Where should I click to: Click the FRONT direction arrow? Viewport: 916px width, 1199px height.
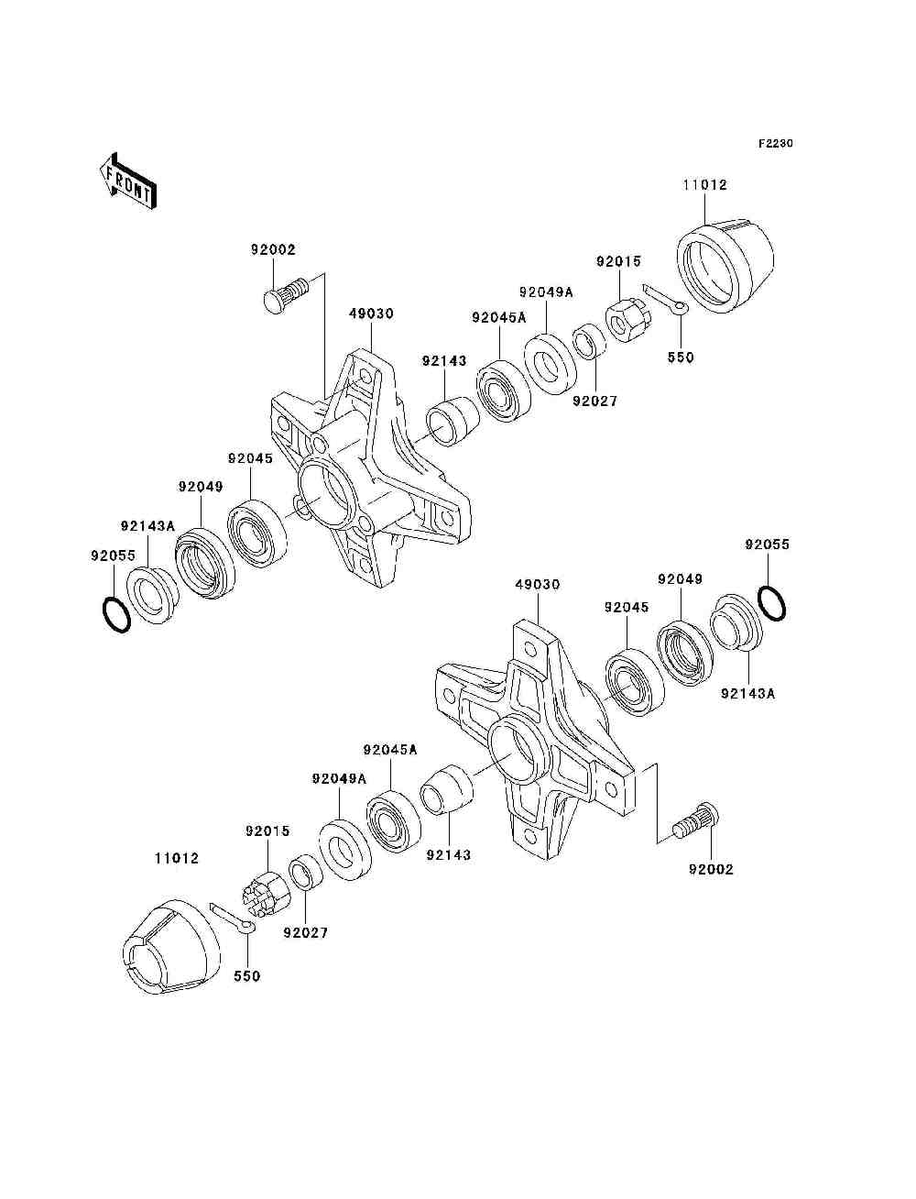tap(128, 181)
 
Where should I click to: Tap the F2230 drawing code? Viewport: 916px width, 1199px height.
tap(775, 144)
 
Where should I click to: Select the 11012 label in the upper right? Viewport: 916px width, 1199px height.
tap(704, 184)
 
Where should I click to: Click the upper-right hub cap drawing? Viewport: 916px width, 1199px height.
tap(725, 267)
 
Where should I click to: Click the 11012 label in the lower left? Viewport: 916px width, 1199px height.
tap(176, 858)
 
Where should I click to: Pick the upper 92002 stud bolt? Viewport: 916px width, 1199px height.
tap(286, 294)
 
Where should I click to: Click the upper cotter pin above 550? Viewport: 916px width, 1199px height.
tap(665, 301)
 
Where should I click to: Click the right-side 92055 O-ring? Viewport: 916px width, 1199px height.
tap(772, 602)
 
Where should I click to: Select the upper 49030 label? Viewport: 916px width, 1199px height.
tap(371, 313)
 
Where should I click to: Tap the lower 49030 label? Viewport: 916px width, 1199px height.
tap(538, 584)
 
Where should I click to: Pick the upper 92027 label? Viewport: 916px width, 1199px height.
tap(595, 401)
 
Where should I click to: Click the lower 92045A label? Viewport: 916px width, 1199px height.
tap(390, 750)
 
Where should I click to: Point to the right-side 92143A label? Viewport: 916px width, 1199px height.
tap(747, 694)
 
